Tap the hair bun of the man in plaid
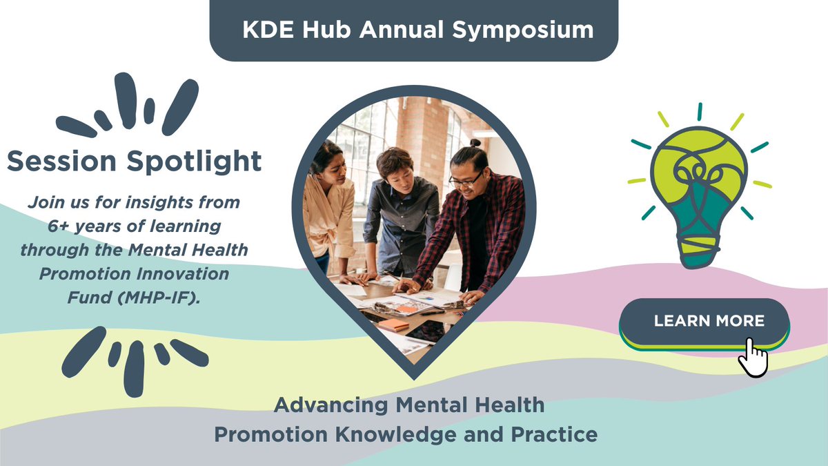point(474,144)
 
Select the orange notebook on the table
point(394,324)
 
